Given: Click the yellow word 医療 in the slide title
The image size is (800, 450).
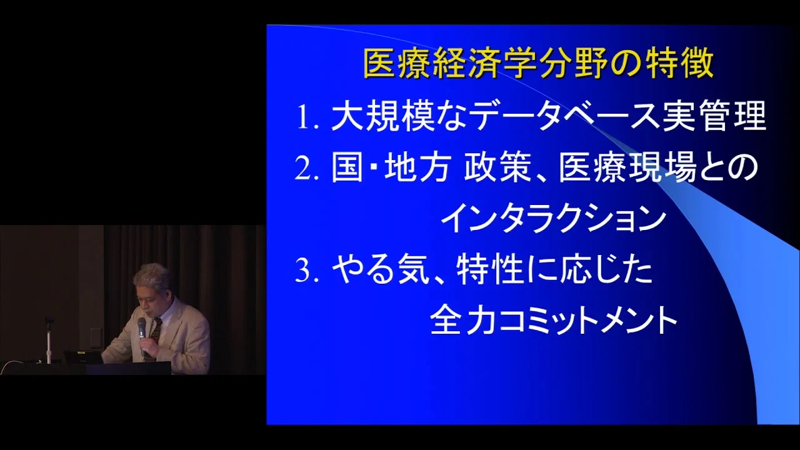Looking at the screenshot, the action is coord(396,64).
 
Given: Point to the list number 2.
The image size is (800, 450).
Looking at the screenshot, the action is coord(307,169).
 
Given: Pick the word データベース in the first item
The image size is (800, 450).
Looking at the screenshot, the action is coord(566,116).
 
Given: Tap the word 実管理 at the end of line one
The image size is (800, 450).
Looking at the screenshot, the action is coord(714,116).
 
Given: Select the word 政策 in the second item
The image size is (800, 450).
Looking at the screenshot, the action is coord(497,168).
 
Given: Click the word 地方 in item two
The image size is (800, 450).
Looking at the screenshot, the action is coord(416,168).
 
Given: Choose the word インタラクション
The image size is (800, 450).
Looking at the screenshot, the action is coord(554,219).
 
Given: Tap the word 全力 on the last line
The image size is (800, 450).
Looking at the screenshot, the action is coord(463,321).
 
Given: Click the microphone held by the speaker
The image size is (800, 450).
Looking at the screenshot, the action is coord(142,334).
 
